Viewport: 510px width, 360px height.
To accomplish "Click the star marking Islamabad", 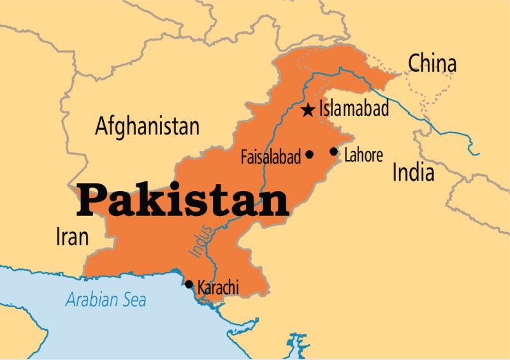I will point(308,110).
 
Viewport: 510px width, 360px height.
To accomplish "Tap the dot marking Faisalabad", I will point(310,154).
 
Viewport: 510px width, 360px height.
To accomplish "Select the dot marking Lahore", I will point(333,152).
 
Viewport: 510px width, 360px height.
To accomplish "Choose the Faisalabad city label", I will point(271,157).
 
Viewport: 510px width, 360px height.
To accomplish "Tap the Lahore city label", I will point(363,155).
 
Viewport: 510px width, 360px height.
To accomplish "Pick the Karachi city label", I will point(218,288).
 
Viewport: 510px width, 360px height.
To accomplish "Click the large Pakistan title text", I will point(183,200).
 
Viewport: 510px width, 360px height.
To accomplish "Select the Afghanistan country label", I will point(147,126).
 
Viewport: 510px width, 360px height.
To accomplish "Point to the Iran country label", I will point(72,237).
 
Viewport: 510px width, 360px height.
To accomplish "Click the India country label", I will point(413,172).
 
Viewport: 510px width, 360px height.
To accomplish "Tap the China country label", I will point(432,64).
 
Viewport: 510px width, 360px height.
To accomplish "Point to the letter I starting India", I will point(395,172).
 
